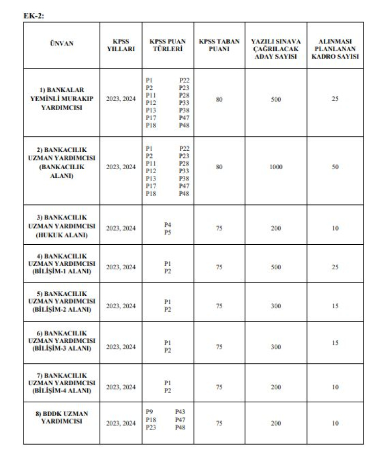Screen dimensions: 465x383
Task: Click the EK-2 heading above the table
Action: coord(35,16)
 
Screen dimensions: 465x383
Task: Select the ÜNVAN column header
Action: coord(61,43)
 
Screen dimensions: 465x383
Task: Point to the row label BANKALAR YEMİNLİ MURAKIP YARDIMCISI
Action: coord(61,99)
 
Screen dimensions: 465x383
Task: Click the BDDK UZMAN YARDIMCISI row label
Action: coord(61,417)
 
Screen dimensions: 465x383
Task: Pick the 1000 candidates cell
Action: coord(276,167)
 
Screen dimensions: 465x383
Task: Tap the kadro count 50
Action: coord(335,167)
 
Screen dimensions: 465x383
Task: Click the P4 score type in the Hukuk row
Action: coord(167,225)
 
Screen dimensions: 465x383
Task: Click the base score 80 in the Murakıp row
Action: coord(219,99)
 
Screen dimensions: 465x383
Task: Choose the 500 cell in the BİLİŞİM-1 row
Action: coord(276,267)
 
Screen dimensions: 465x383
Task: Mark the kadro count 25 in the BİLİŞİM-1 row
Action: coord(335,267)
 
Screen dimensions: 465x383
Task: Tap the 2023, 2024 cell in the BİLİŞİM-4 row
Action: coord(121,387)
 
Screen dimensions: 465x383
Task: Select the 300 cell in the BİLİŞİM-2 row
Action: coord(276,307)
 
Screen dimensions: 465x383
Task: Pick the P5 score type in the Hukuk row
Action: coord(167,232)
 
